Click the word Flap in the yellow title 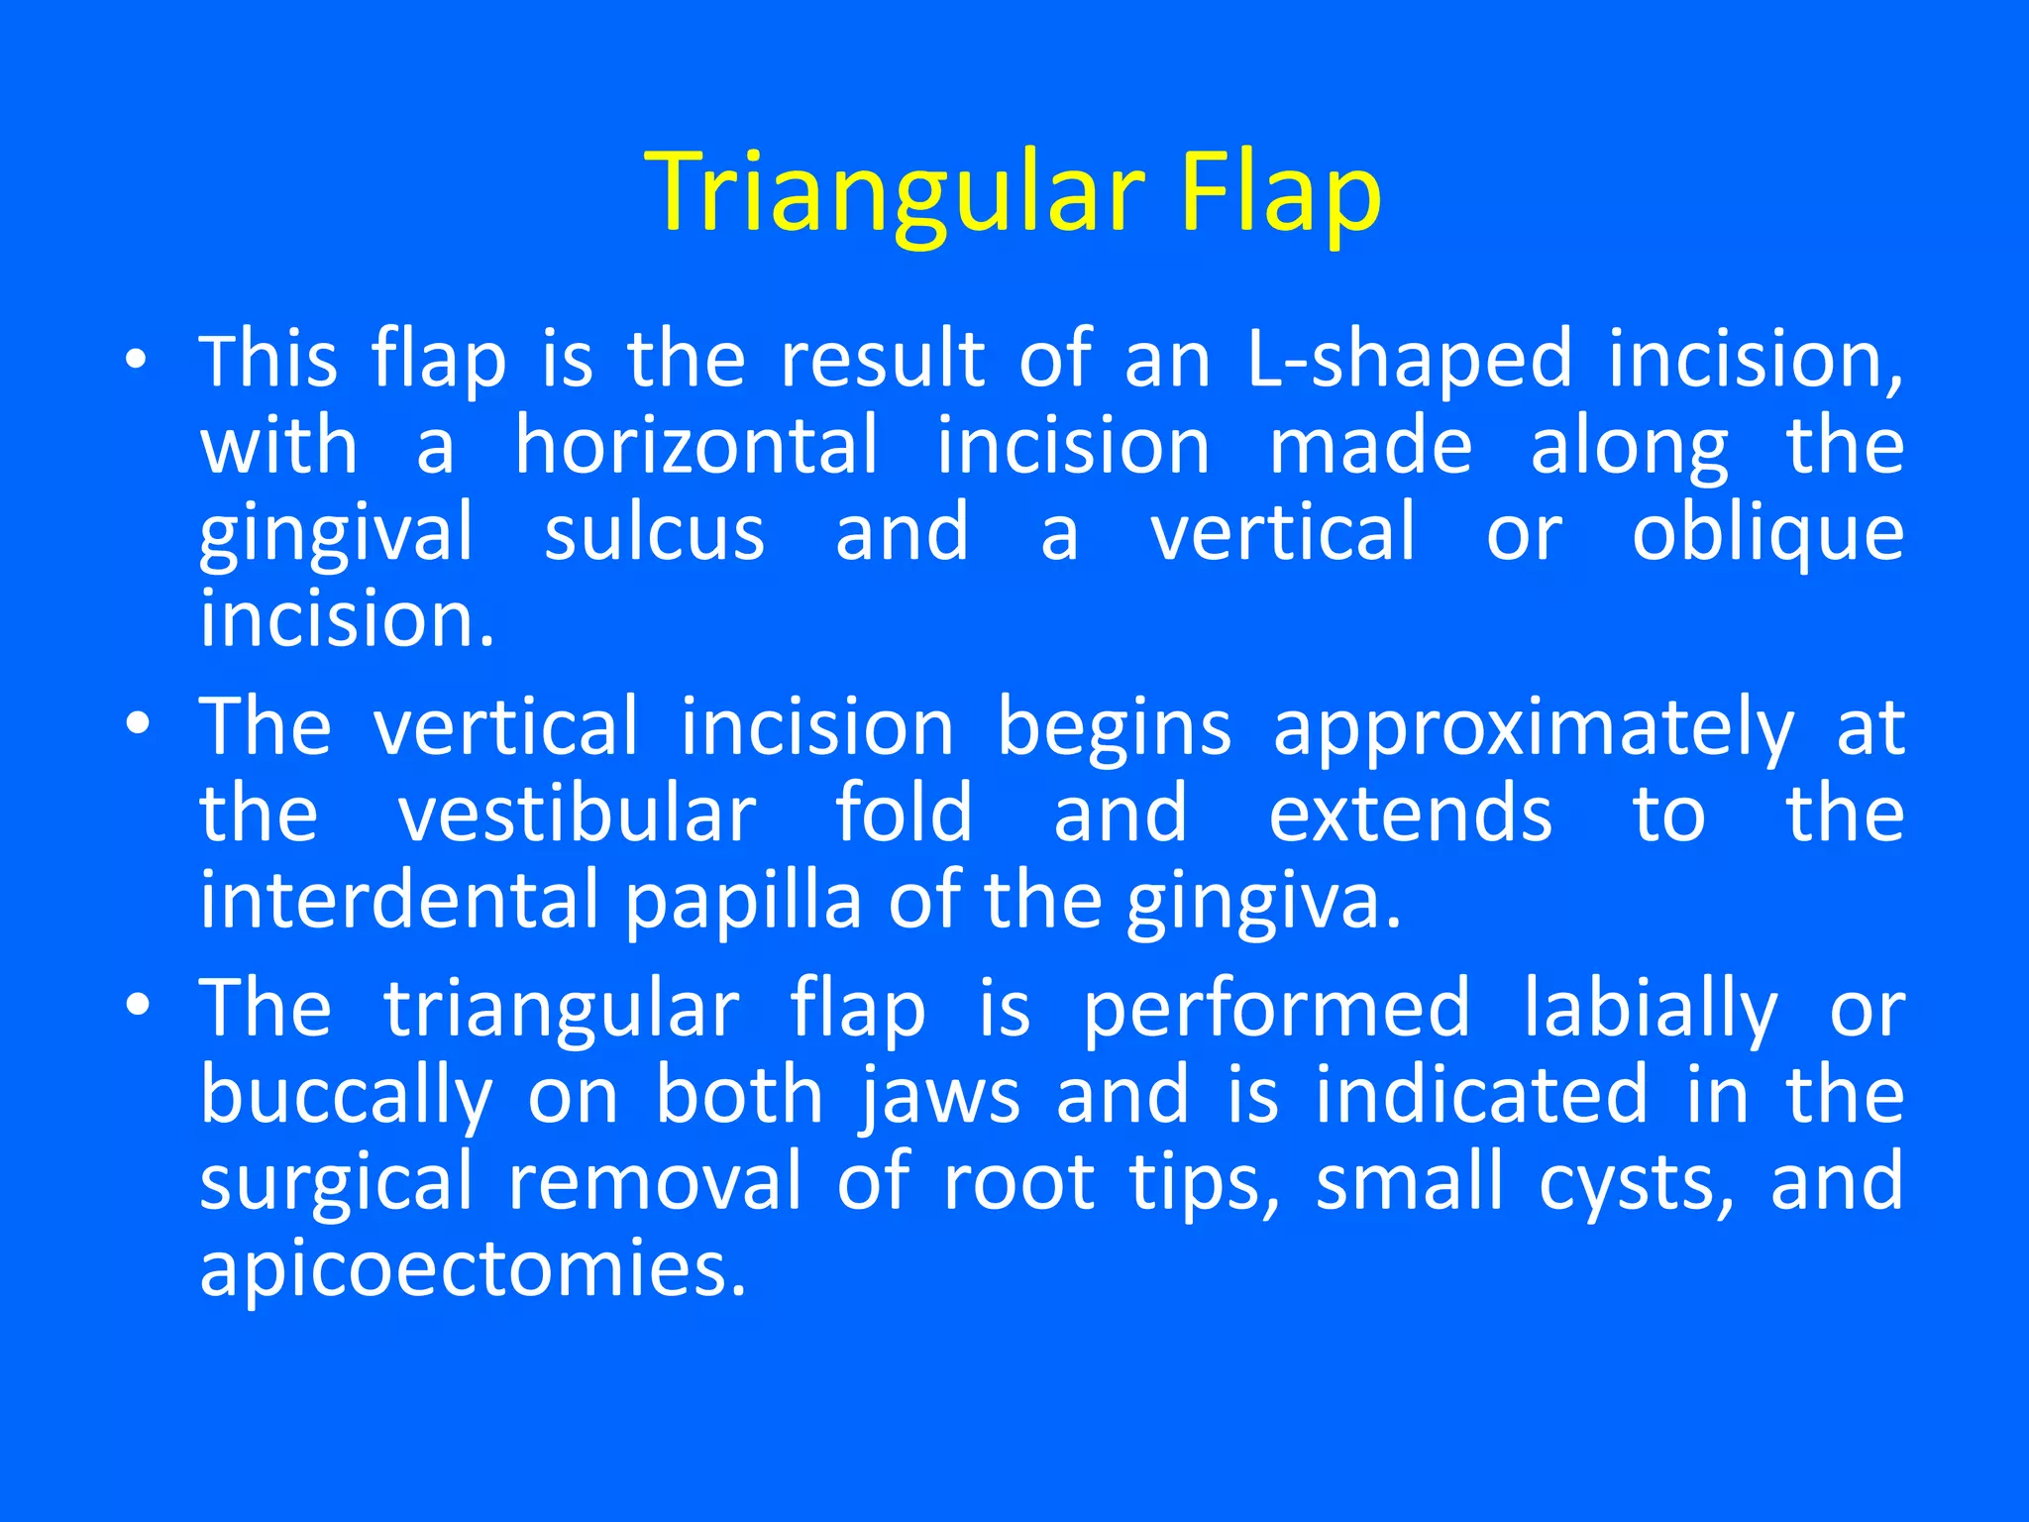tap(1279, 193)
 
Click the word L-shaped tap(1409, 361)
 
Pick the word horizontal tap(695, 447)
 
